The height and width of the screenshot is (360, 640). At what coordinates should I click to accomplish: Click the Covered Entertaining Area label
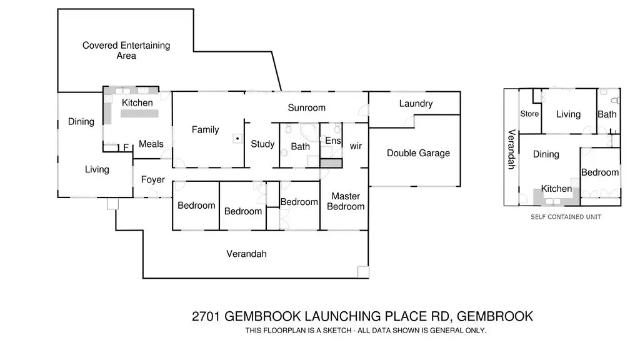tap(126, 51)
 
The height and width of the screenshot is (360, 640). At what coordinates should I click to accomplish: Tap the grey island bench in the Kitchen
tap(139, 114)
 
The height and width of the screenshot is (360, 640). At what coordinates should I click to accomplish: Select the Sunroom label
tap(306, 107)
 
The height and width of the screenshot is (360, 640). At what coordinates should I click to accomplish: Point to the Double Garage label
tap(418, 153)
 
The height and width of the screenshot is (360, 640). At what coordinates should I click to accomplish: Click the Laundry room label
tap(416, 104)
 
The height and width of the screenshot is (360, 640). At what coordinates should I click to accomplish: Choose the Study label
tap(262, 144)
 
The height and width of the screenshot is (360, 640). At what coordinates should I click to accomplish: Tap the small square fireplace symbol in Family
tap(237, 139)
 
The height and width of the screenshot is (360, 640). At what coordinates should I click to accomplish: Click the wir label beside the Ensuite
tap(356, 146)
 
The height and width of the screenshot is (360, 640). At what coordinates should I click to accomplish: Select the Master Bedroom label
tap(346, 201)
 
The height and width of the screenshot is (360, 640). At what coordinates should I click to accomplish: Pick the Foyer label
tap(153, 179)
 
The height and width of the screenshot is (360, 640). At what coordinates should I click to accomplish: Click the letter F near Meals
tap(126, 147)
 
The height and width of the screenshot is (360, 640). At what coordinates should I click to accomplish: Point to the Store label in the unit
tap(529, 114)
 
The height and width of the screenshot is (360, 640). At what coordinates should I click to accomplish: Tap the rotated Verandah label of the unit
tap(511, 149)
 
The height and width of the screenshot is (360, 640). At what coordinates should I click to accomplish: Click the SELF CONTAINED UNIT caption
tap(566, 217)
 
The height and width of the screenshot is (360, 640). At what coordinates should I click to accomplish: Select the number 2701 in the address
tap(206, 316)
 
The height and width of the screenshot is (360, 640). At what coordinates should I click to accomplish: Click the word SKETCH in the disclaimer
tap(337, 331)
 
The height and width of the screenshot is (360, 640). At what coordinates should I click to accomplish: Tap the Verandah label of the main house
tap(246, 254)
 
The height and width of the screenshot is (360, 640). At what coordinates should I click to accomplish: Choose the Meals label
tap(151, 144)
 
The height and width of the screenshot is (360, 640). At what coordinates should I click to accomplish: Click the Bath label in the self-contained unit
tap(607, 115)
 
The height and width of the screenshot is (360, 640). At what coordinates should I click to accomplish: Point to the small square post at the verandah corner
tap(363, 272)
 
